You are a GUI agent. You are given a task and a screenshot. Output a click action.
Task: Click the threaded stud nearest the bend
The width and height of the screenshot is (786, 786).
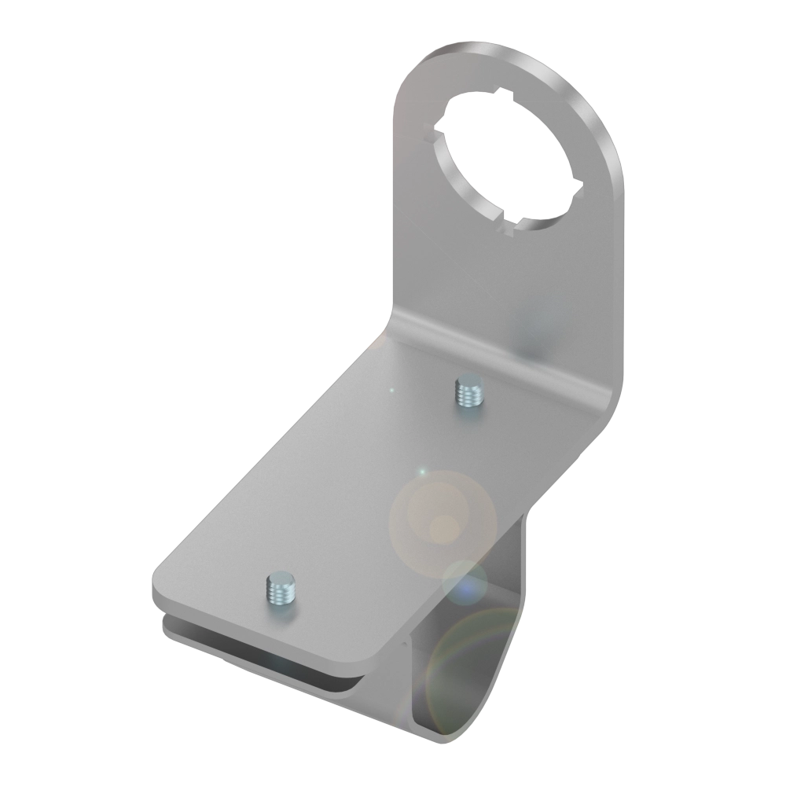point(468,391)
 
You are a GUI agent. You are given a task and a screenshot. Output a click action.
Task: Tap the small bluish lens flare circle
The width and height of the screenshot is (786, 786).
point(464,583)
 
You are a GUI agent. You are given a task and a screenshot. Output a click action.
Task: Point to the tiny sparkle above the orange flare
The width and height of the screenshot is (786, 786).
point(422,472)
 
